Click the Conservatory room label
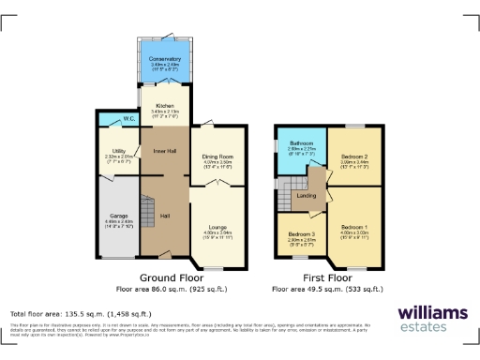coord(164,58)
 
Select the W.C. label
coord(129,119)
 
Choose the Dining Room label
coord(217,157)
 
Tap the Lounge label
coord(217,227)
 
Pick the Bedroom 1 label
coord(353,228)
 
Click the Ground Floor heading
coord(172,278)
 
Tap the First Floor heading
coord(327,278)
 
